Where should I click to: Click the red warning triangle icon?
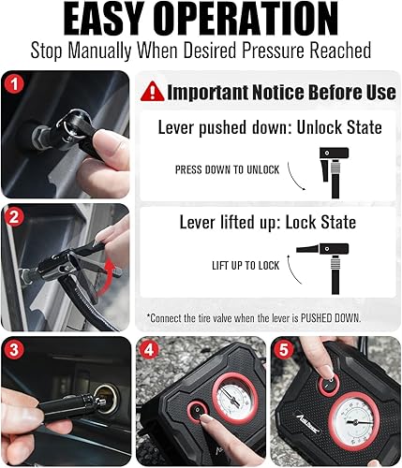pyautogui.click(x=152, y=91)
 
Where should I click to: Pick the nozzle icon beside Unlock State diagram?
pyautogui.click(x=333, y=166)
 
